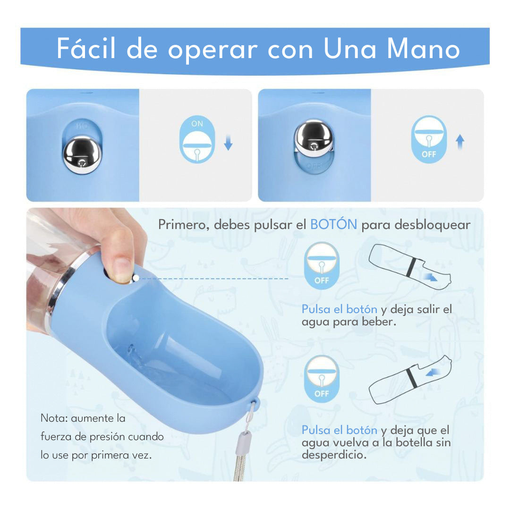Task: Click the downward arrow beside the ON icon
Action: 228,142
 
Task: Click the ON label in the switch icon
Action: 197,123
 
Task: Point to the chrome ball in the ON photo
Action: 82,154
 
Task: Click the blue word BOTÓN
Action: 333,225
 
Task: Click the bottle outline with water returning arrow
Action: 410,380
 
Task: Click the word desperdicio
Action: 334,455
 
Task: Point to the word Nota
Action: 53,418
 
